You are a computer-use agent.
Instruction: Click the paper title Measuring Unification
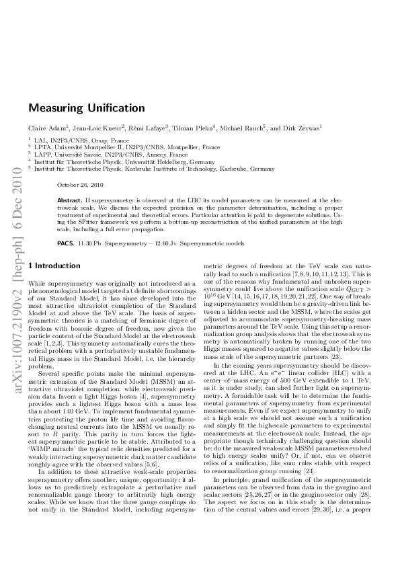[86, 108]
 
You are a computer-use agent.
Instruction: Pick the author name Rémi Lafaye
[149, 128]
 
